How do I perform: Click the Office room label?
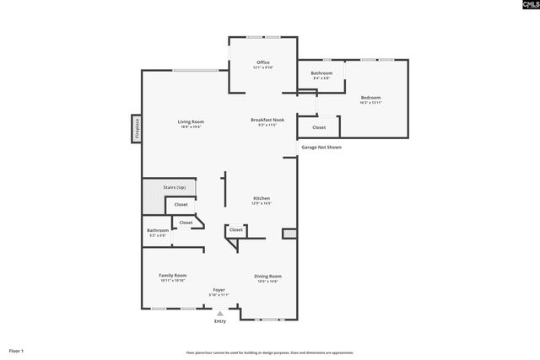tap(263, 63)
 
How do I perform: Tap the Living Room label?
tap(191, 122)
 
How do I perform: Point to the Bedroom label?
tap(371, 98)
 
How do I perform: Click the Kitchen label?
tap(261, 200)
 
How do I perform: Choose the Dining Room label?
tap(268, 277)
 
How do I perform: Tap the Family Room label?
tap(173, 276)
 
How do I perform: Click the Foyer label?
tap(219, 290)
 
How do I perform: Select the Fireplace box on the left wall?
tap(136, 129)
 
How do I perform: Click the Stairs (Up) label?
tap(174, 186)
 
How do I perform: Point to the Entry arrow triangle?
tap(220, 314)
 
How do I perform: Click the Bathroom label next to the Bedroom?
tap(321, 74)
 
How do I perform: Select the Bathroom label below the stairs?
tap(158, 231)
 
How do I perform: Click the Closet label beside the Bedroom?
tap(319, 127)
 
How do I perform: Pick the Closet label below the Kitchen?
tap(236, 229)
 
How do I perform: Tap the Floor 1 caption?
tap(17, 350)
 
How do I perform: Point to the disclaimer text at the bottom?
tap(270, 352)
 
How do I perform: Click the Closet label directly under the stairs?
tap(181, 205)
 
